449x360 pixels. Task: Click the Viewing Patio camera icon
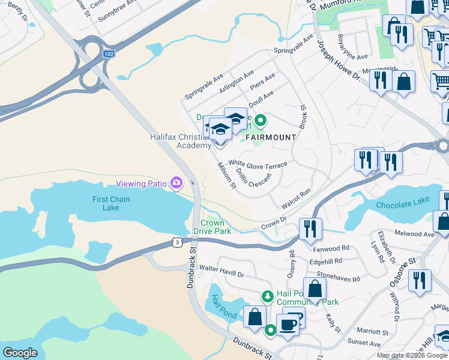pyautogui.click(x=176, y=182)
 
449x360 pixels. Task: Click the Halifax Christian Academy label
pyautogui.click(x=181, y=141)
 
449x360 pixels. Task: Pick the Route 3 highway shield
pyautogui.click(x=176, y=241)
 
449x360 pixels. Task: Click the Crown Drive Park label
pyautogui.click(x=215, y=227)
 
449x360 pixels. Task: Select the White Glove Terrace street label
pyautogui.click(x=258, y=164)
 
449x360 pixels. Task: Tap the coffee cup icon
pyautogui.click(x=288, y=325)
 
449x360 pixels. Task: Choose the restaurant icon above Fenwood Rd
pyautogui.click(x=310, y=229)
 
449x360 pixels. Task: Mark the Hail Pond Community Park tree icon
pyautogui.click(x=268, y=295)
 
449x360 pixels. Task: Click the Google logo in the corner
pyautogui.click(x=20, y=353)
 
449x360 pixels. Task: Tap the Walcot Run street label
pyautogui.click(x=297, y=198)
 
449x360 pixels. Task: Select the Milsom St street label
pyautogui.click(x=226, y=175)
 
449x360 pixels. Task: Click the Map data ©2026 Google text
pyautogui.click(x=412, y=355)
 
